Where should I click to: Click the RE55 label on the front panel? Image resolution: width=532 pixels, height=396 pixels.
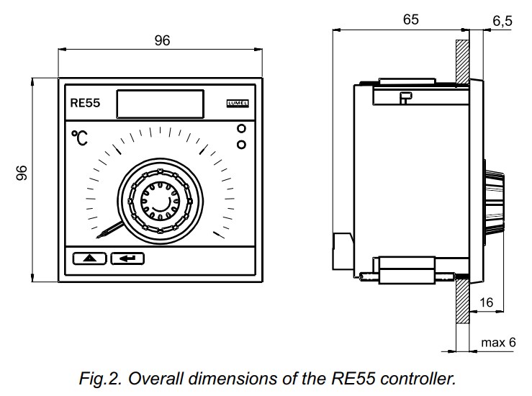tap(86, 104)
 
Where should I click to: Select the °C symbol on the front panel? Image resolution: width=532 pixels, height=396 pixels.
tap(80, 138)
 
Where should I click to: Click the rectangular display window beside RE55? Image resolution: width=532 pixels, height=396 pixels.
tap(159, 104)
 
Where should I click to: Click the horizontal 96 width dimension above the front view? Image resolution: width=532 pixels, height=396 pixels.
tap(162, 41)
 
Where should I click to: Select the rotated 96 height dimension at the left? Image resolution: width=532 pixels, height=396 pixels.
tap(22, 174)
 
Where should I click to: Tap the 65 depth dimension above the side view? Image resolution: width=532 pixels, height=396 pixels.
tap(410, 19)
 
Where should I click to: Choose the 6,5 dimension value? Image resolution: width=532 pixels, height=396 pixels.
tap(502, 22)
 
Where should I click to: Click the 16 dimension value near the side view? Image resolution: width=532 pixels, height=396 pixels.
tap(486, 303)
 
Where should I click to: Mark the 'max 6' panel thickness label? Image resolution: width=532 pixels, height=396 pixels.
tap(498, 342)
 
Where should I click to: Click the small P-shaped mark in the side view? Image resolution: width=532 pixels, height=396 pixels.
tap(405, 99)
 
